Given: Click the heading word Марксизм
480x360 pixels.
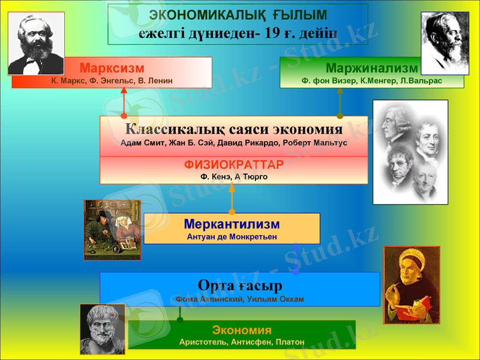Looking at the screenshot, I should point(112,68).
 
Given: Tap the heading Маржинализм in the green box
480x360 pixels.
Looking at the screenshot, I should point(371,68).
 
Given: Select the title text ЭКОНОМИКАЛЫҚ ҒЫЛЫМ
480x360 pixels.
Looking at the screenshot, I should point(238,15).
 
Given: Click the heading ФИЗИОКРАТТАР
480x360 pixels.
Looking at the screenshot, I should point(234,164).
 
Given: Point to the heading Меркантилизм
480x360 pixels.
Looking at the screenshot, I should point(232,224).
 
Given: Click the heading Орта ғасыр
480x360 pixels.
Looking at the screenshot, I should point(239,285).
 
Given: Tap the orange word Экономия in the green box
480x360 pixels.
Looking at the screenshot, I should point(242,330).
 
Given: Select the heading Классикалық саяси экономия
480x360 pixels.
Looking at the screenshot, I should point(234,130).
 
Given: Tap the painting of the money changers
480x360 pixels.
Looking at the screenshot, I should point(112,230).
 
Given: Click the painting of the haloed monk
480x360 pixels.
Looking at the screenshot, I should point(412,285).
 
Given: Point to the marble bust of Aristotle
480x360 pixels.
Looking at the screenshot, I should point(103,329).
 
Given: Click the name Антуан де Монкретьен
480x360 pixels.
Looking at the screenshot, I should point(232,237).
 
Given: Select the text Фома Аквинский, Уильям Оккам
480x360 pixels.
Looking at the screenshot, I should point(239,299).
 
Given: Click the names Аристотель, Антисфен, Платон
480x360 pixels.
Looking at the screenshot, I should point(242,342).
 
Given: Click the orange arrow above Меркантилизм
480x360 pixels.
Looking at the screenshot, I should point(232,198).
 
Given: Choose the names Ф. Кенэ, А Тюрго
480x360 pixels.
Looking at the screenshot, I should point(234,177).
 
